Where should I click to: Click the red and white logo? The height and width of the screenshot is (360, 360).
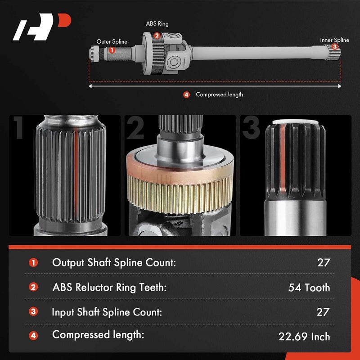(42, 28)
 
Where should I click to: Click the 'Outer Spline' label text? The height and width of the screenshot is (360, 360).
(112, 42)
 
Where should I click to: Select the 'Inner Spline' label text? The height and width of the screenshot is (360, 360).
(334, 40)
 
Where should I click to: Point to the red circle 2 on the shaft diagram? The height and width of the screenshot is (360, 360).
(157, 36)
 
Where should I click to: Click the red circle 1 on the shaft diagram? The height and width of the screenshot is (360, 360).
(112, 51)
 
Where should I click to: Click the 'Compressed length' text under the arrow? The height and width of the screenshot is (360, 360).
(219, 94)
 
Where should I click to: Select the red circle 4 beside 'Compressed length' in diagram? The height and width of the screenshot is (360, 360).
(186, 94)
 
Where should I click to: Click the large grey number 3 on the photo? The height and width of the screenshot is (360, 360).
(251, 128)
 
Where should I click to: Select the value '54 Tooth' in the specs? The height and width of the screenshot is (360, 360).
(309, 287)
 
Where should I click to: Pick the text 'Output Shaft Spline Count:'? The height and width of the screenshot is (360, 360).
(113, 262)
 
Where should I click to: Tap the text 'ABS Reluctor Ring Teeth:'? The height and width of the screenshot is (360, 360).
(109, 287)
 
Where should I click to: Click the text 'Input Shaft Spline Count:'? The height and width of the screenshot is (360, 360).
(107, 311)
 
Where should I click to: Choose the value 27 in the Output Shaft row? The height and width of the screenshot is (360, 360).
(323, 262)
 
